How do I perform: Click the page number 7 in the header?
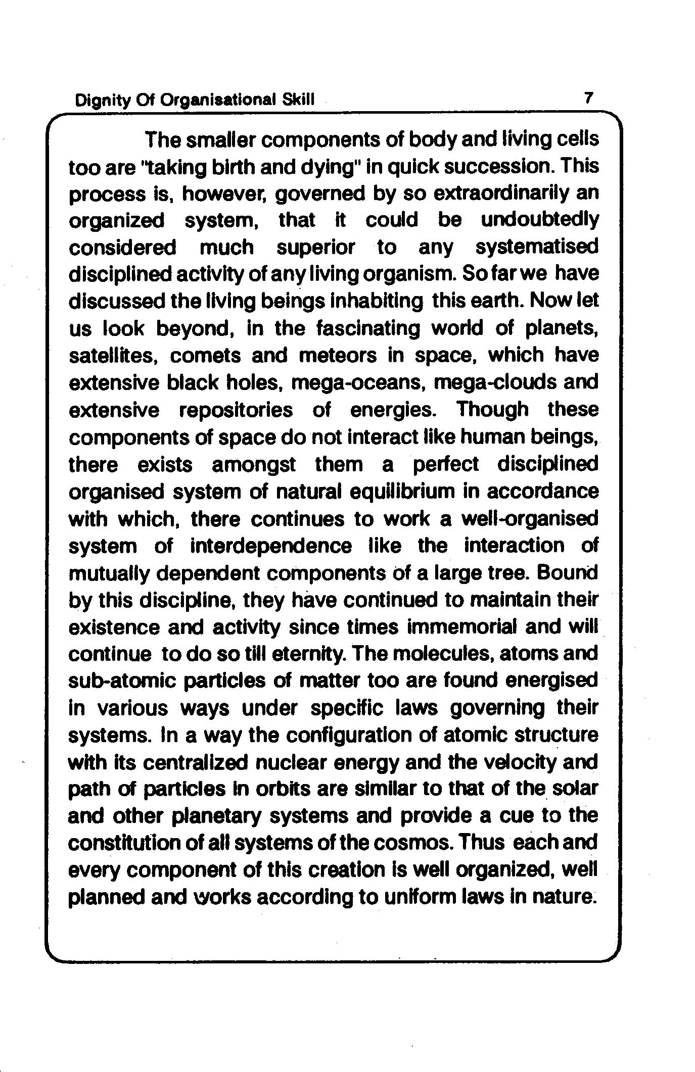[587, 98]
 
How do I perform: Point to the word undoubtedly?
[539, 220]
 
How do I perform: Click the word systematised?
[537, 248]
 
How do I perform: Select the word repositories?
[236, 410]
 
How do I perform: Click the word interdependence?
[271, 546]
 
